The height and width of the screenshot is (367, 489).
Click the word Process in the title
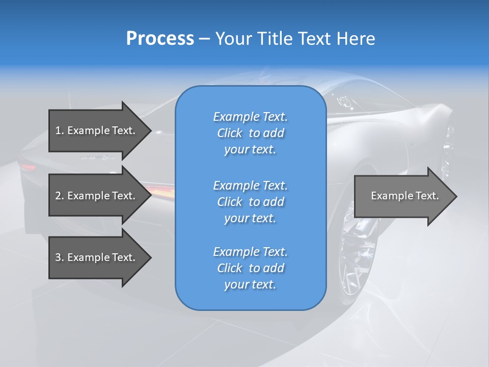tap(160, 39)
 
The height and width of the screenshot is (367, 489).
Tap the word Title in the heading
tap(275, 39)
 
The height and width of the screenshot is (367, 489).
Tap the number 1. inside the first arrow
tap(60, 131)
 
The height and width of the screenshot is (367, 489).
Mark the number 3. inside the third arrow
tap(60, 258)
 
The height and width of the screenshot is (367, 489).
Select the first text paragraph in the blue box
tap(250, 133)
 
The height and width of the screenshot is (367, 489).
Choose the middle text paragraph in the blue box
tap(250, 202)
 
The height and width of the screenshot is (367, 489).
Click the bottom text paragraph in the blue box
tap(250, 268)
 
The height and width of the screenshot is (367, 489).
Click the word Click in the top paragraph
tap(230, 134)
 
